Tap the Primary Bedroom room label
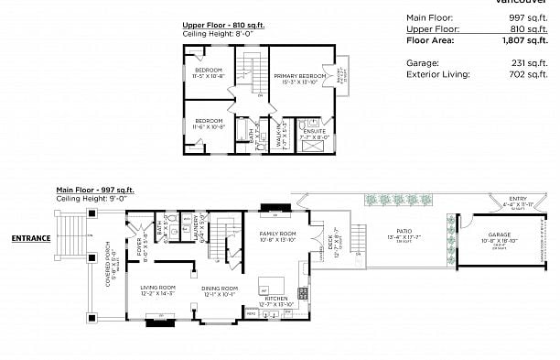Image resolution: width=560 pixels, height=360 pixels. coord(299,76)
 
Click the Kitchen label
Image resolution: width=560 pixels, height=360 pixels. coord(276,299)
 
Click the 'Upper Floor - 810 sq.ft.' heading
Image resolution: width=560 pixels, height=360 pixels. coord(221,26)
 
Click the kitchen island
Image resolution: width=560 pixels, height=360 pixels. coord(272,283)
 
